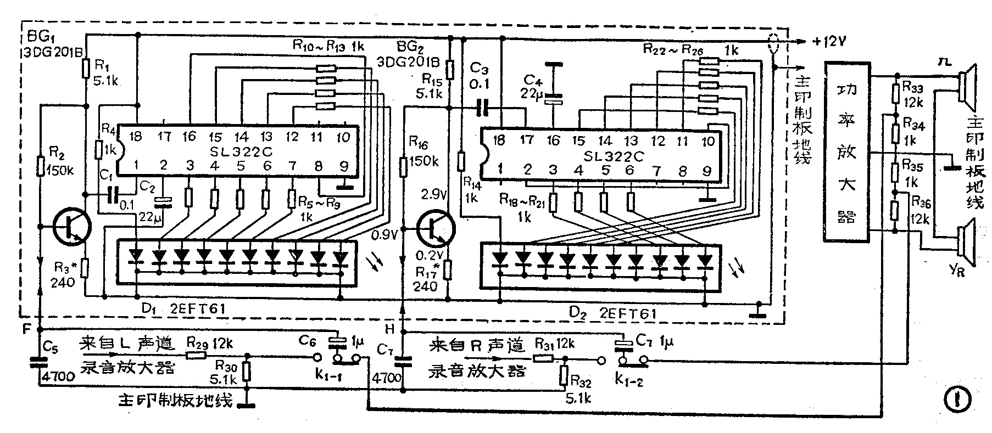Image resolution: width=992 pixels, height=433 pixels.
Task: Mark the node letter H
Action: [390, 329]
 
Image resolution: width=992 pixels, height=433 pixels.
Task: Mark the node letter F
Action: [27, 329]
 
